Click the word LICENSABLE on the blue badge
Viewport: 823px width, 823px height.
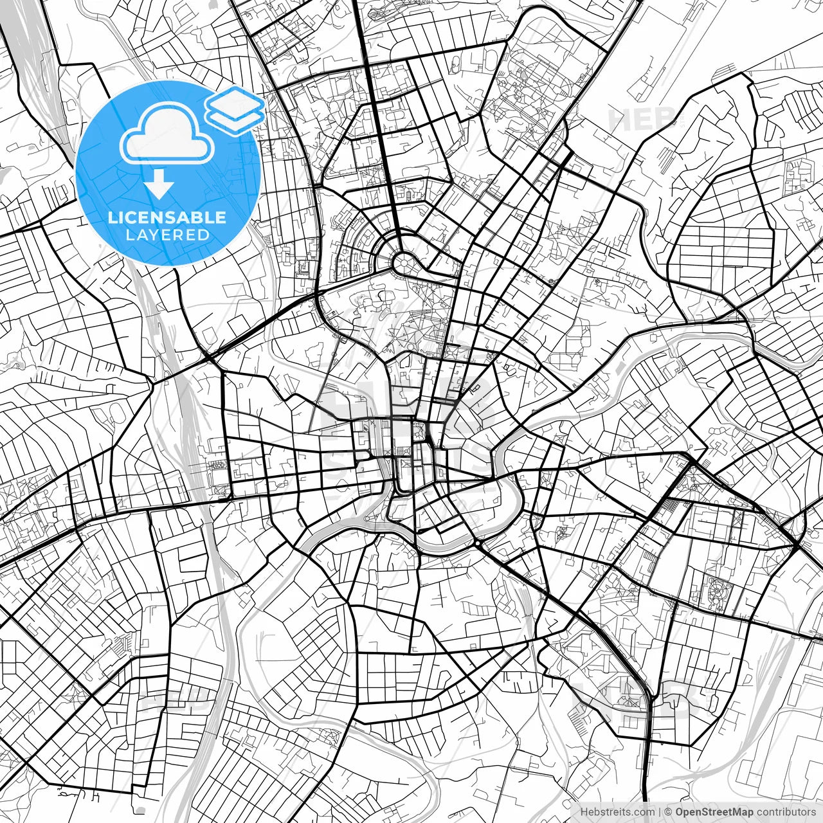167,218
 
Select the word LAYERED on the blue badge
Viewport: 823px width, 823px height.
167,235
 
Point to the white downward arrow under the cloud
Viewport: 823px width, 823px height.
159,185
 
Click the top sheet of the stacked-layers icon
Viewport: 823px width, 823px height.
235,102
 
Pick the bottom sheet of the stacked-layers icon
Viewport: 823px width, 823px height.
235,118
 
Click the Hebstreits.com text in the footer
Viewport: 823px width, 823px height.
617,812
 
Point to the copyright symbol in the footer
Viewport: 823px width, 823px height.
668,812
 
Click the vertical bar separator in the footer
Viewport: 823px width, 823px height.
660,812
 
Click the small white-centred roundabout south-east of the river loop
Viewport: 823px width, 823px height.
478,545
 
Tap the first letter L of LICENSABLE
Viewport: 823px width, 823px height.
111,218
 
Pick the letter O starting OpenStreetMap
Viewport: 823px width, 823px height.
680,812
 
